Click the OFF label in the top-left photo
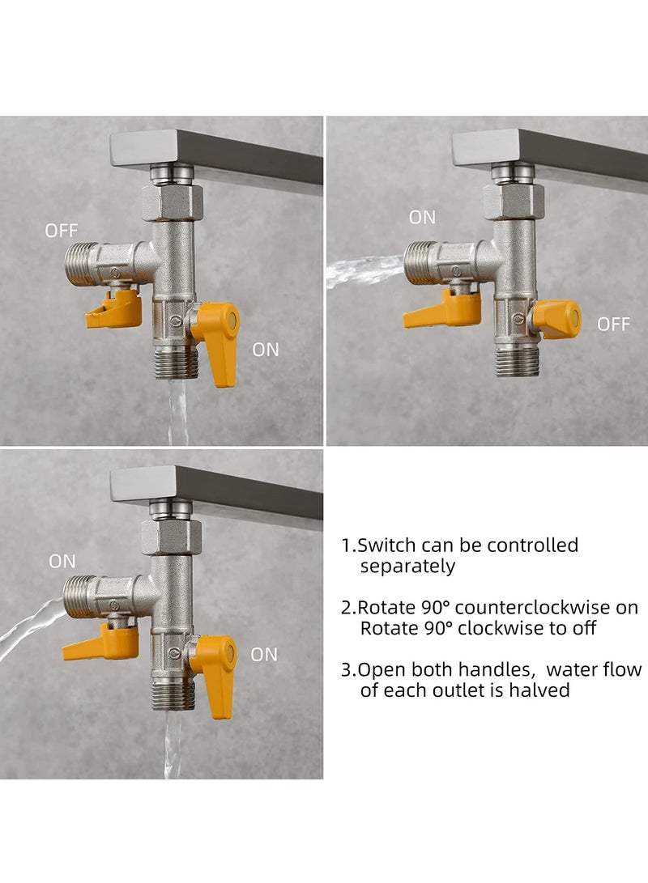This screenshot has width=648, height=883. [x=62, y=231]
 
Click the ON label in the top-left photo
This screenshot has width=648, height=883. [x=265, y=350]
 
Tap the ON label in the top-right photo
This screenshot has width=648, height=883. [x=422, y=217]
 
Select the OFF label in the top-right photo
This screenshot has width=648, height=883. [x=613, y=325]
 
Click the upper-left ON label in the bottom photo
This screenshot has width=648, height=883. [x=62, y=561]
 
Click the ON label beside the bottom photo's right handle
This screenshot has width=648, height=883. [x=264, y=654]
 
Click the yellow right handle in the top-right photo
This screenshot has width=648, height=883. [x=559, y=319]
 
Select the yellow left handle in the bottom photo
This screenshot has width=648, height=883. [x=103, y=642]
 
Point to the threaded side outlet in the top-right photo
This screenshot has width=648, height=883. [x=420, y=263]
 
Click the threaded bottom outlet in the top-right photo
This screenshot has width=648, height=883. [x=516, y=361]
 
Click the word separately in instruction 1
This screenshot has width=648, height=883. [x=407, y=567]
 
